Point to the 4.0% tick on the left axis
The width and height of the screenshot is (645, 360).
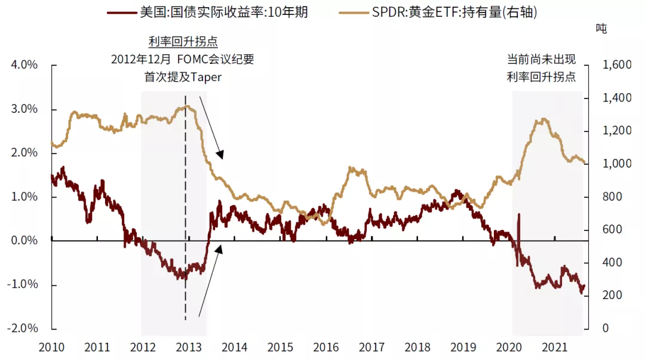(x=24, y=65)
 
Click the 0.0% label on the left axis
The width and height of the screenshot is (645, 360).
(x=24, y=241)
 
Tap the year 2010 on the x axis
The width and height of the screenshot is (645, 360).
(x=51, y=347)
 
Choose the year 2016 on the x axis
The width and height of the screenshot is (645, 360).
(x=325, y=347)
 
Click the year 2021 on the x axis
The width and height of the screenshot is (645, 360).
(x=554, y=347)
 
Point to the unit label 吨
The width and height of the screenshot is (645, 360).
(x=601, y=28)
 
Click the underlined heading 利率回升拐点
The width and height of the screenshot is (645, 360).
(x=183, y=42)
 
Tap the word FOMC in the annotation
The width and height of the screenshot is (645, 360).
(x=190, y=60)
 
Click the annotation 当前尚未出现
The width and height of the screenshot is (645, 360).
(x=541, y=60)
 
